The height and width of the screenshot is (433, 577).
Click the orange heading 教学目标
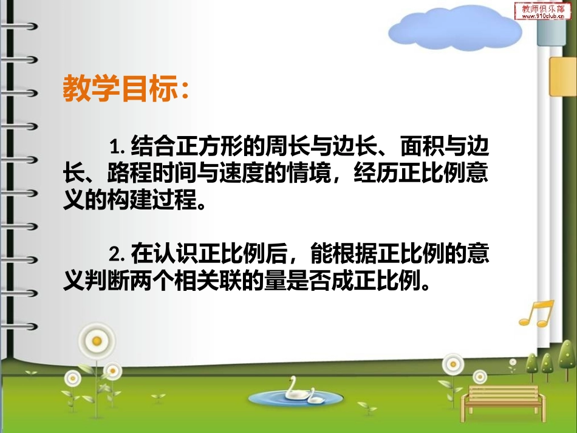pos(125,89)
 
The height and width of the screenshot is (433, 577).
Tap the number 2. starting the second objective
pos(117,251)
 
